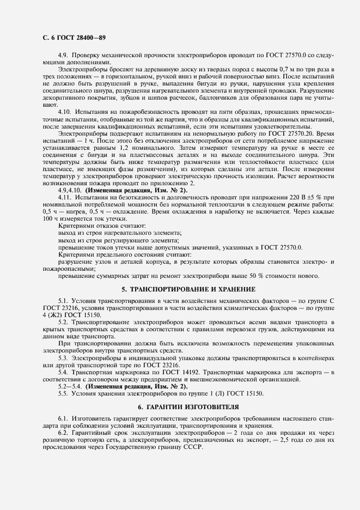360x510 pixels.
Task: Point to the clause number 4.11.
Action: tap(65, 197)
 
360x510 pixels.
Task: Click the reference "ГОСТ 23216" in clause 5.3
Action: tap(152, 365)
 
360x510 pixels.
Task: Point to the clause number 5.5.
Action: tap(63, 393)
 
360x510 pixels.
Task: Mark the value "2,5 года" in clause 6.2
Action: tap(293, 440)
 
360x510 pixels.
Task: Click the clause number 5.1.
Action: tap(63, 301)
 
